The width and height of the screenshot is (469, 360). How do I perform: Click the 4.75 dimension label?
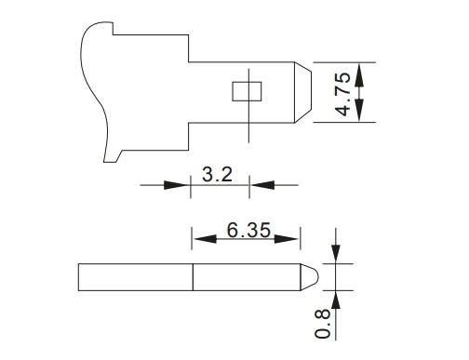(x=343, y=94)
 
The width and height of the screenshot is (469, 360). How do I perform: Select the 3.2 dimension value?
(x=217, y=174)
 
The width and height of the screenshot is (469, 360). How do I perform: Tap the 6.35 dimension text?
(x=248, y=231)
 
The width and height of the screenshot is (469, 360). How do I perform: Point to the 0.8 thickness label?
(x=322, y=323)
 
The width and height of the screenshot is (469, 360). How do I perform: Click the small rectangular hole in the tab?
(x=247, y=91)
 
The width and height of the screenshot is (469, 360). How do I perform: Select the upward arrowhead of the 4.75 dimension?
(x=359, y=75)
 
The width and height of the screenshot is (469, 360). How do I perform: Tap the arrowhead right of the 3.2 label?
(x=262, y=185)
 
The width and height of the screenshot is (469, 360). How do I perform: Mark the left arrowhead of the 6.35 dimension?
(x=205, y=239)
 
